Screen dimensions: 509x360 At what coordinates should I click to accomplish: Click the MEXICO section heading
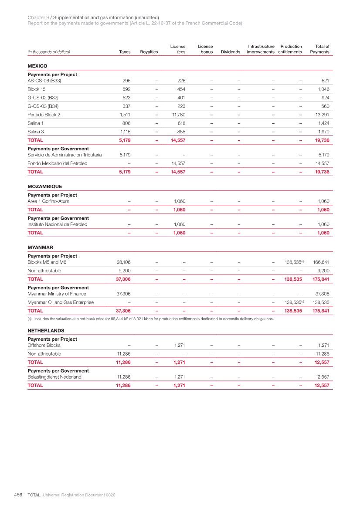click(37, 65)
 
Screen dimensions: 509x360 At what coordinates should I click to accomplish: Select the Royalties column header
click(149, 52)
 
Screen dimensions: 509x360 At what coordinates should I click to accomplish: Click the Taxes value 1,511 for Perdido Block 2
click(125, 115)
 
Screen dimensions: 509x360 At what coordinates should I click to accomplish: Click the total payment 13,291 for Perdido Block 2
click(320, 115)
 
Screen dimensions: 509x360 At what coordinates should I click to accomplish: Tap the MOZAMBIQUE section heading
click(44, 186)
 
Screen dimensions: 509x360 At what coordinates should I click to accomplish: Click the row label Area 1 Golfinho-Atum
click(48, 201)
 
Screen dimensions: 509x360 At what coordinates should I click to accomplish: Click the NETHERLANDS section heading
click(46, 330)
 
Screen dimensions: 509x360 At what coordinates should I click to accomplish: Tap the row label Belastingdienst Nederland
click(54, 377)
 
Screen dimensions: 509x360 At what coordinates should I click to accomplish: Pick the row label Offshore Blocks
click(44, 345)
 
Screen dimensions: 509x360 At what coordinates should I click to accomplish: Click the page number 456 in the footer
click(18, 495)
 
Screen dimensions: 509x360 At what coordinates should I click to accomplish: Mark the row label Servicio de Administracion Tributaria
click(65, 155)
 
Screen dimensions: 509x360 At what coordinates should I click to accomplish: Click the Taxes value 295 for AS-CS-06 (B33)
click(126, 81)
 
